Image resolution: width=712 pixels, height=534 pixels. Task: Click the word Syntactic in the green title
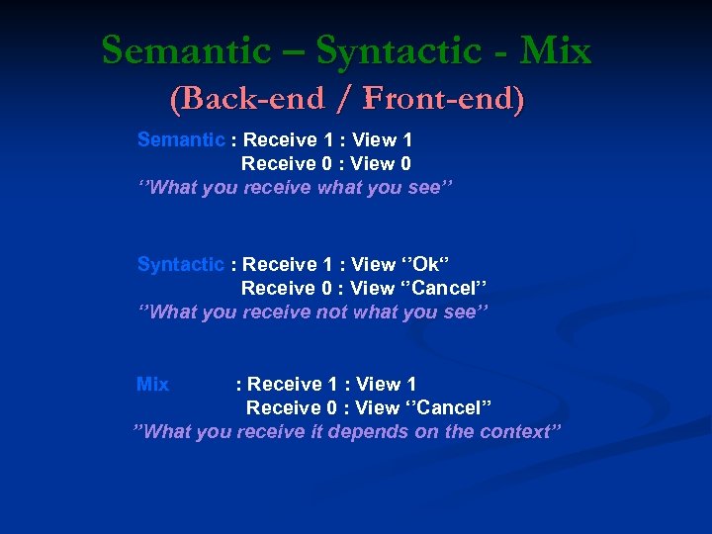pyautogui.click(x=393, y=50)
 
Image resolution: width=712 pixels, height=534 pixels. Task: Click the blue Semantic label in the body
pyautogui.click(x=181, y=139)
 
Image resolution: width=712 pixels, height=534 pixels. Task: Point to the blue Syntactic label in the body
pyautogui.click(x=181, y=264)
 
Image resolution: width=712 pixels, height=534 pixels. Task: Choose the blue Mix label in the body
pyautogui.click(x=152, y=384)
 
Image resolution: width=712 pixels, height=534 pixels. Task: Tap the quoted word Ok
pyautogui.click(x=425, y=264)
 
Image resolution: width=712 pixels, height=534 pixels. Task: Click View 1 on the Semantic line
pyautogui.click(x=383, y=139)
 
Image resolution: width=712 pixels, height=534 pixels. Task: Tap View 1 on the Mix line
pyautogui.click(x=387, y=384)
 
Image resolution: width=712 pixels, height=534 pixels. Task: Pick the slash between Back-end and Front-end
pyautogui.click(x=345, y=99)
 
